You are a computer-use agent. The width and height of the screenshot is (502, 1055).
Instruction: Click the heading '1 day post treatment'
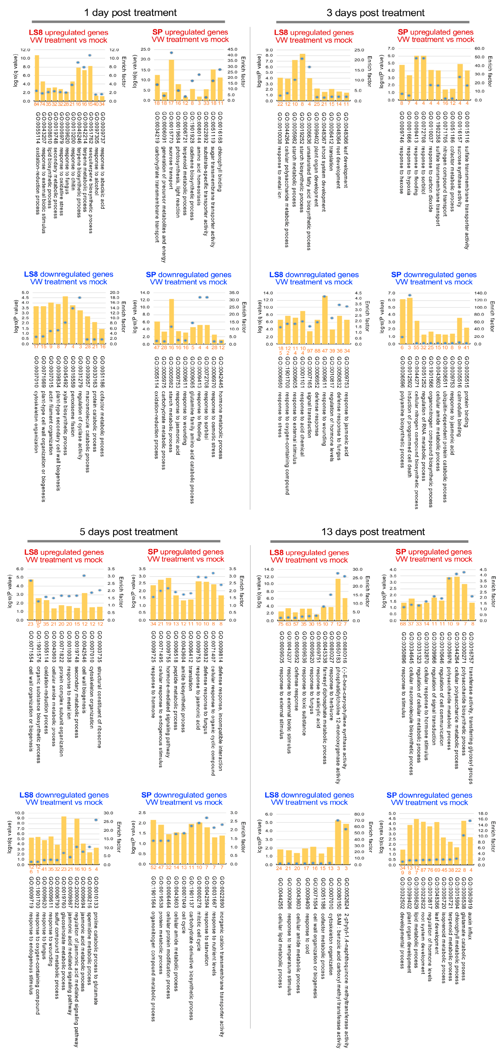point(130,13)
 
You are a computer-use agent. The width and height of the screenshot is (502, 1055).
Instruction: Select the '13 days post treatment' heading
point(373,532)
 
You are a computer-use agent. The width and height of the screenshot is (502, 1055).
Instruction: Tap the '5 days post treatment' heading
point(129,532)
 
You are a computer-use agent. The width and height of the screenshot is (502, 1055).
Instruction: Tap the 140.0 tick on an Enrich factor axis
point(480,293)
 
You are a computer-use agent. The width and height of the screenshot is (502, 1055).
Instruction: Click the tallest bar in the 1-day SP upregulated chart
point(171,80)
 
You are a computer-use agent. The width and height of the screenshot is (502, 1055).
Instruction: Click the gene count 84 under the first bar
point(36,104)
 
